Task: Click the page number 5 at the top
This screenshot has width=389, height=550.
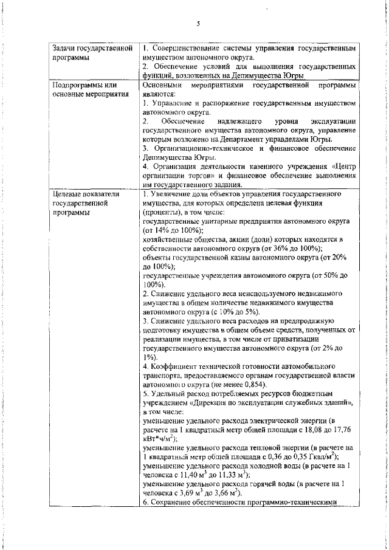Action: tap(198, 24)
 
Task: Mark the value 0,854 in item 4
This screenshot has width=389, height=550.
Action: tap(230, 385)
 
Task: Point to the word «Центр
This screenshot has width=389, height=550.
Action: tap(342, 167)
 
